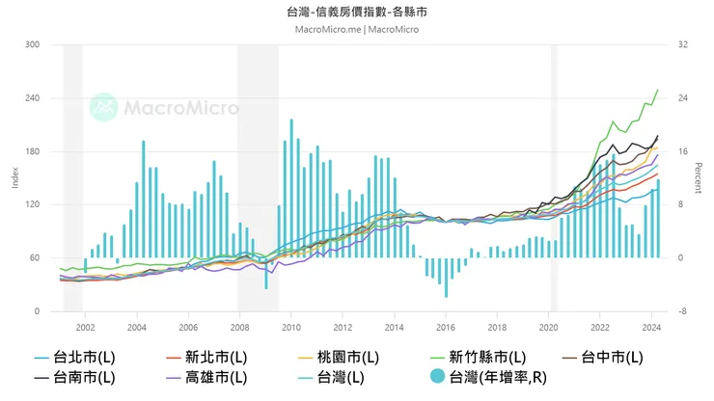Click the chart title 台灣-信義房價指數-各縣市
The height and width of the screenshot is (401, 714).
(356, 13)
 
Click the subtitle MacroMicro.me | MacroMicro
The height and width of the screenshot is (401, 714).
(356, 30)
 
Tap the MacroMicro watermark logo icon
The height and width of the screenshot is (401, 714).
(103, 107)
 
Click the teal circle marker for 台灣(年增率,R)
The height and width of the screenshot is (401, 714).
(435, 377)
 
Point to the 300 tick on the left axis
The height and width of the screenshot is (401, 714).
(33, 45)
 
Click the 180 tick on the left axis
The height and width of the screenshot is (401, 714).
(33, 152)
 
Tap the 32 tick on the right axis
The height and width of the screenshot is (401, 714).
(682, 45)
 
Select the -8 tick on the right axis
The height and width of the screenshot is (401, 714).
(681, 311)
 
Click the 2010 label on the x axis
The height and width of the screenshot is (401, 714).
(290, 327)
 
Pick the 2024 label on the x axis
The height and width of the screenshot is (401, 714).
(651, 327)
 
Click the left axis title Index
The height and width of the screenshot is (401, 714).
(14, 177)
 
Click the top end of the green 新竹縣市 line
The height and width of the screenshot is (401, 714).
(658, 90)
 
